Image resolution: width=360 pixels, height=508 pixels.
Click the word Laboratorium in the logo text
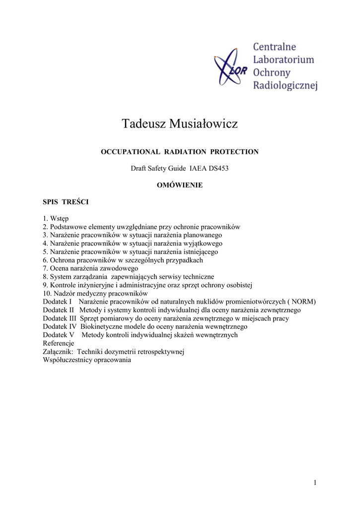[284, 60]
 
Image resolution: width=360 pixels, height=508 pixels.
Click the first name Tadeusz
[143, 124]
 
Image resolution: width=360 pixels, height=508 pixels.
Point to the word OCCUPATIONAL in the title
[131, 152]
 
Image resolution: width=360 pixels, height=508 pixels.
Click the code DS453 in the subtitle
[218, 169]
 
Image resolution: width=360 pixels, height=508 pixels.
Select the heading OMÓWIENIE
[180, 185]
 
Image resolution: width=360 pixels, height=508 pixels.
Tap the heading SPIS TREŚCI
[66, 202]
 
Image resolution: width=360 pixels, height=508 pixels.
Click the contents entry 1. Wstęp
[56, 218]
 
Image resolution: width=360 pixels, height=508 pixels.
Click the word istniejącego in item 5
[200, 252]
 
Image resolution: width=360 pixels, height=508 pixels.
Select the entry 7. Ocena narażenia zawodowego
[90, 268]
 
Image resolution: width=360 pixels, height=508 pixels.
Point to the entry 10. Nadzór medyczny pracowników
[92, 293]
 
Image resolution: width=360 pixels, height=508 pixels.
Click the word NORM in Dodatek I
[303, 302]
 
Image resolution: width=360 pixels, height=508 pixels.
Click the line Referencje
[59, 343]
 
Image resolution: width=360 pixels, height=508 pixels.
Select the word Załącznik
[59, 352]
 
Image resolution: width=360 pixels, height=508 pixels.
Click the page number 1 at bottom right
[315, 483]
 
